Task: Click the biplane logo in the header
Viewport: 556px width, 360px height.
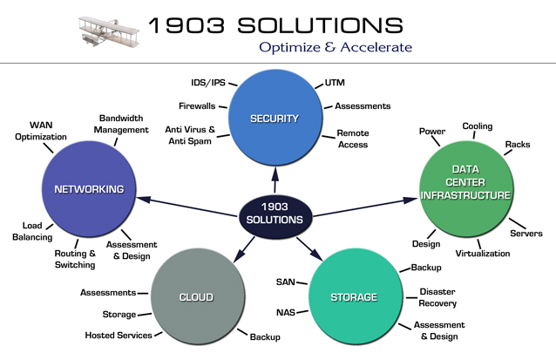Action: (109, 31)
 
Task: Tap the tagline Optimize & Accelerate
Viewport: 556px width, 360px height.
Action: (336, 47)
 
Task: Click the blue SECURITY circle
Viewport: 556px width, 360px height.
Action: (275, 118)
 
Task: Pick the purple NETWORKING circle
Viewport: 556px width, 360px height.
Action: (89, 188)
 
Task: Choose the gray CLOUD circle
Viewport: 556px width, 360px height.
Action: (198, 296)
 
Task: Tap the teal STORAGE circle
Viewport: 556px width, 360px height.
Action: (356, 296)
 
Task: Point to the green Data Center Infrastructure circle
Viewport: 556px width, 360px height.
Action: (466, 188)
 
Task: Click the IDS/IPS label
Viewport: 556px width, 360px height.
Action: (208, 83)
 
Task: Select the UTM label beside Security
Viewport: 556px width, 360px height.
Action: (335, 83)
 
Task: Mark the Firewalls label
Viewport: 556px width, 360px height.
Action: (197, 106)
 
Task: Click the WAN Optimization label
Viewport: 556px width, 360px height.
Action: (41, 131)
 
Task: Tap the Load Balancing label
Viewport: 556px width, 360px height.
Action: (32, 231)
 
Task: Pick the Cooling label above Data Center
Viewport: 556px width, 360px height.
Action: (478, 126)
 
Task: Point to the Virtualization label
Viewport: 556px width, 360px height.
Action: (483, 254)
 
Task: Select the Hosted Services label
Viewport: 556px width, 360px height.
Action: (119, 336)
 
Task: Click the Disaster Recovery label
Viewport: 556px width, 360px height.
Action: (437, 297)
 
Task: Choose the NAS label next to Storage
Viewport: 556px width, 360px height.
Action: (286, 312)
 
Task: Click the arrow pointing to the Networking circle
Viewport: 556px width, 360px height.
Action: (186, 207)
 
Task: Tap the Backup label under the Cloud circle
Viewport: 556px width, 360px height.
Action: (265, 337)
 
